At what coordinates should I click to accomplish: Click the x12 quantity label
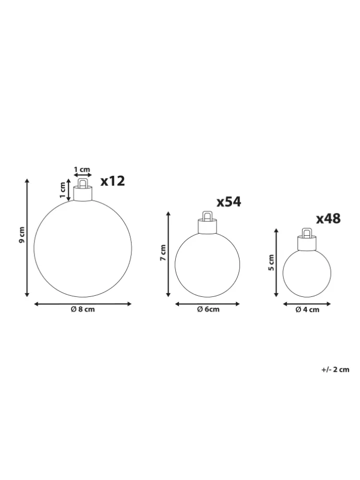(x=113, y=181)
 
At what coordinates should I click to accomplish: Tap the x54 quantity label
(x=229, y=202)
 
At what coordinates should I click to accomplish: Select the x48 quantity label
(x=328, y=219)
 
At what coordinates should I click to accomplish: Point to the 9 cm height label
(x=22, y=235)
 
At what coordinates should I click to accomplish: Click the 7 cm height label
(x=163, y=253)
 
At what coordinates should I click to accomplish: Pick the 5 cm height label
(x=271, y=262)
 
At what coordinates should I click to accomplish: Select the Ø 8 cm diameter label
(x=82, y=309)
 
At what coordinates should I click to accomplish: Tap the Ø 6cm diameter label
(x=208, y=309)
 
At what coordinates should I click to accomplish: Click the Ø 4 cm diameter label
(x=307, y=310)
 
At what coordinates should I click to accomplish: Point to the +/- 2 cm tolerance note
(x=335, y=369)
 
